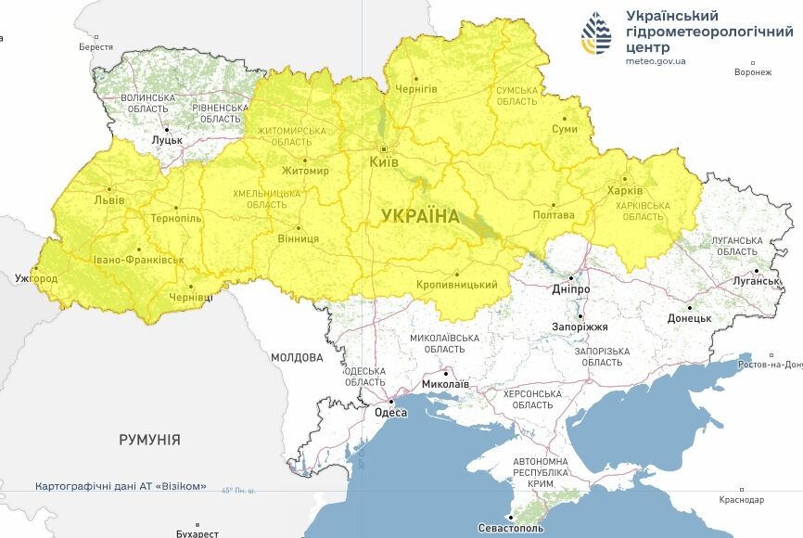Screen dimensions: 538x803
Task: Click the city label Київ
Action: click(383, 162)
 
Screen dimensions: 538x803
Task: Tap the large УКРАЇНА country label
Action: click(419, 216)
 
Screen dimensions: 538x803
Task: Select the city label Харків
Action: click(624, 191)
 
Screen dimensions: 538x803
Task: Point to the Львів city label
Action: click(108, 199)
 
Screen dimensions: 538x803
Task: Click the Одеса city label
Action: click(391, 413)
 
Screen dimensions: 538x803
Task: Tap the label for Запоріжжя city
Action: click(580, 327)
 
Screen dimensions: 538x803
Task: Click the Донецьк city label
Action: click(689, 318)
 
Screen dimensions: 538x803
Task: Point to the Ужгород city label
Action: click(36, 278)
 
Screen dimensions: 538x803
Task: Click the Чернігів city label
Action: click(416, 89)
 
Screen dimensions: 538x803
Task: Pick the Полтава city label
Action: click(554, 215)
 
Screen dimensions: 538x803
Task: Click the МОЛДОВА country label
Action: click(297, 357)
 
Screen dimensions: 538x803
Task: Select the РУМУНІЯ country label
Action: click(149, 440)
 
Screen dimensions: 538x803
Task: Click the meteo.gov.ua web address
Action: click(656, 61)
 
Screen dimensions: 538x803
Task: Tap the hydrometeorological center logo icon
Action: click(596, 35)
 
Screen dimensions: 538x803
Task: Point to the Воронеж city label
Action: click(752, 72)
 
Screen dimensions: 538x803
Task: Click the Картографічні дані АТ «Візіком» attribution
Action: click(121, 487)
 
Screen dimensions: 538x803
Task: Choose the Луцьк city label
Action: click(167, 139)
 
